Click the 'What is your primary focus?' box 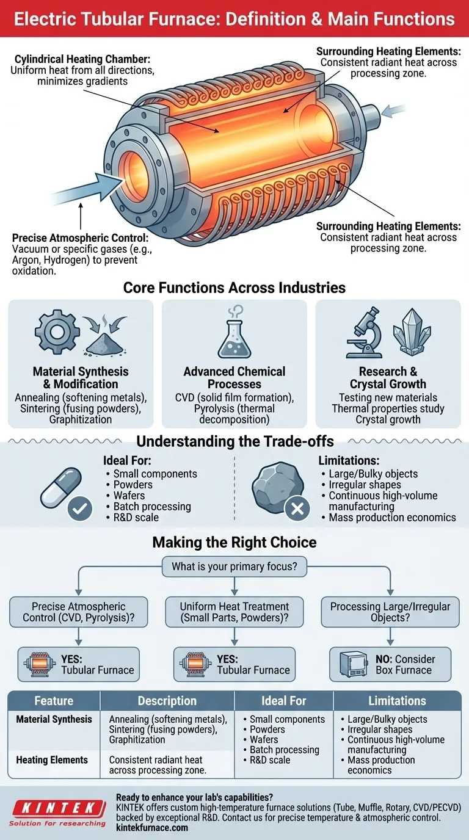coord(234,566)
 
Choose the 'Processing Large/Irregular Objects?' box coord(390,612)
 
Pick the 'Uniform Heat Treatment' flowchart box coord(234,612)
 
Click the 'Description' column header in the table coord(167,701)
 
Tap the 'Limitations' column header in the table coord(397,701)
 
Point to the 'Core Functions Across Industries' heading coord(234,287)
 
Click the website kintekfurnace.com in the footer coord(151,828)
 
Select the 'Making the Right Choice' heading coord(234,542)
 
